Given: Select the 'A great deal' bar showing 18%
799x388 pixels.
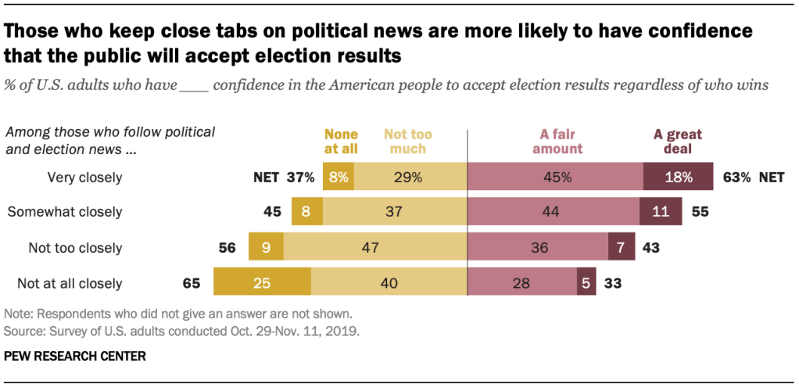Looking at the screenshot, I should click(678, 177).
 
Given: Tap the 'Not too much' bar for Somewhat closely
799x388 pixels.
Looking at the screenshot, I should click(394, 212).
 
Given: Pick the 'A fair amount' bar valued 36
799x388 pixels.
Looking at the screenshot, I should click(538, 247).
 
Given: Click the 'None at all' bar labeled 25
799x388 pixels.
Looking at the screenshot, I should click(262, 282).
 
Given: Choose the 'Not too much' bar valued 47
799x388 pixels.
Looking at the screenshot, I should click(374, 247).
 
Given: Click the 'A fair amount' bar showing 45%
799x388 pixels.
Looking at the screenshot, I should click(555, 177).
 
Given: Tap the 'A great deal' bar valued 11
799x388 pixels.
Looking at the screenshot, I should click(661, 212).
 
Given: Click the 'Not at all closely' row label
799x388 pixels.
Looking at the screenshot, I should click(75, 283).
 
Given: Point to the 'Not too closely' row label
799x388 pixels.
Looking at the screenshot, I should click(75, 248).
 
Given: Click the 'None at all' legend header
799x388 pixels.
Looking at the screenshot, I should click(342, 141).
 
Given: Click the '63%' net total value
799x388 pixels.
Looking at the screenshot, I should click(737, 177).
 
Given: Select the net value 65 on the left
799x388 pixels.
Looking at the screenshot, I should click(190, 283).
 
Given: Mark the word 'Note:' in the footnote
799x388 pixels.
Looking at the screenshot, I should click(18, 314).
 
